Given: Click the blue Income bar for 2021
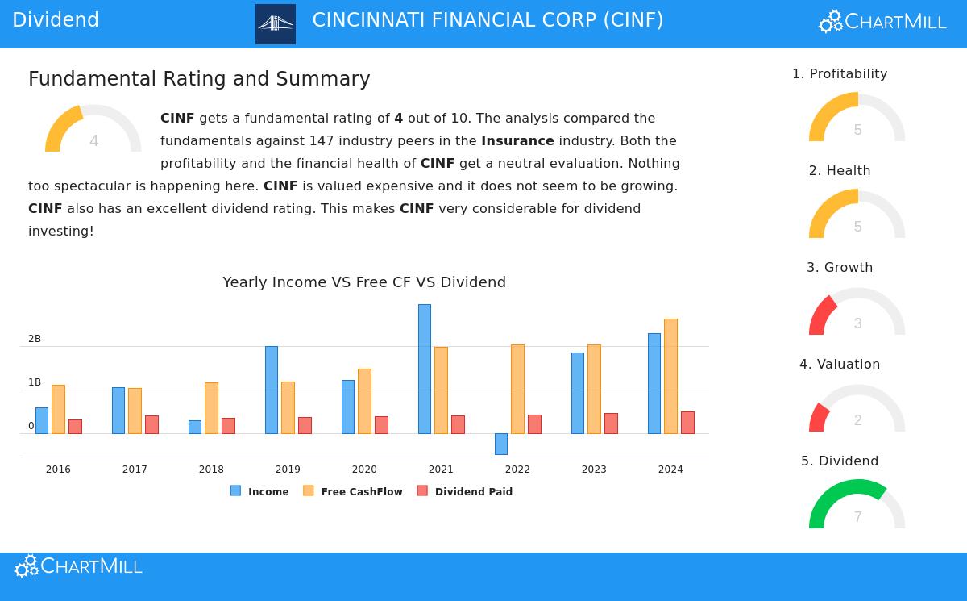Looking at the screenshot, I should pos(424,369).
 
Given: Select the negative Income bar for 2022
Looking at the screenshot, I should pos(500,444).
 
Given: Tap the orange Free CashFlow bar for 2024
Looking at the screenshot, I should pos(670,376).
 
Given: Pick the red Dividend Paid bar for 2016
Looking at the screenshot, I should pos(75,426).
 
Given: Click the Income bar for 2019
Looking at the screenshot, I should pos(271,390).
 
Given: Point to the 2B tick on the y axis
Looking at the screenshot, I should pos(35,339).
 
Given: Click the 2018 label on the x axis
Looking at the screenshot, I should pos(211,470).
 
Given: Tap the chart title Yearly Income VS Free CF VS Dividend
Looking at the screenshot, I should pos(364,282).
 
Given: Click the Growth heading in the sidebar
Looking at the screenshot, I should pos(840,268).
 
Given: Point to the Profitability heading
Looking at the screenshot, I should pos(840,74).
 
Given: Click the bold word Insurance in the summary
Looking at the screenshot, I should pos(517,141).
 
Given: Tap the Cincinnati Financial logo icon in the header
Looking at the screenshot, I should pos(276,24).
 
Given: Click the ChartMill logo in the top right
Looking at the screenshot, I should pos(882,22).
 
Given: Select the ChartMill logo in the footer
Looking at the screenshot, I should pos(78,566).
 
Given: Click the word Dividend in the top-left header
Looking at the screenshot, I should pos(56,20).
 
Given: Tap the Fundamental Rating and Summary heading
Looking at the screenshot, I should pos(199,79).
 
